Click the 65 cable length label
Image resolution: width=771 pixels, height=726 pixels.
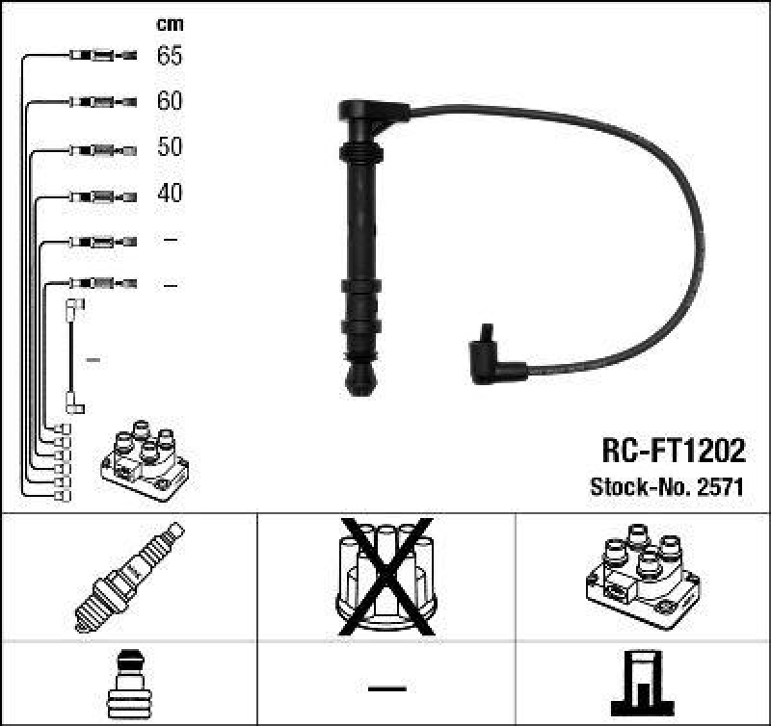click(170, 56)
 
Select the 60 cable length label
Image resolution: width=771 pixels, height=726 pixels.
click(170, 101)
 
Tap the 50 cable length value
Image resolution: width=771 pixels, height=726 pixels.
click(170, 147)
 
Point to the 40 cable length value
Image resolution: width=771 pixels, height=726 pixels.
click(170, 194)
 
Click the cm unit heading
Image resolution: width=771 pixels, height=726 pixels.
click(170, 24)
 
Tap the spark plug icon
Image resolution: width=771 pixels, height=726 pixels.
click(128, 578)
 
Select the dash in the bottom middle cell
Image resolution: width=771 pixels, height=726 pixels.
click(385, 688)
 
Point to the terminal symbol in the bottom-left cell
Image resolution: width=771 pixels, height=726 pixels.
click(128, 686)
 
